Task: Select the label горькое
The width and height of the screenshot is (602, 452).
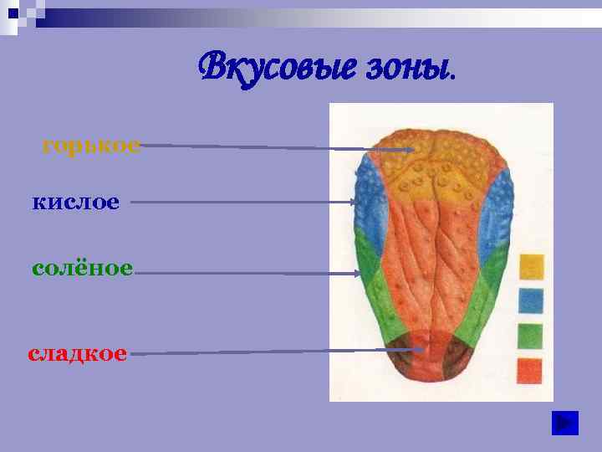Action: click(91, 146)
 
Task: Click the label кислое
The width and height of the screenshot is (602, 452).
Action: click(76, 202)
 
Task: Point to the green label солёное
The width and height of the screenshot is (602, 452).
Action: click(82, 269)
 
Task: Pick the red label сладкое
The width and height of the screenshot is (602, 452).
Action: click(78, 353)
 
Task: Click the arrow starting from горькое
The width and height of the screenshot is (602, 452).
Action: click(276, 147)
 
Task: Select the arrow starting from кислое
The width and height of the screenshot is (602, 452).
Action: click(242, 202)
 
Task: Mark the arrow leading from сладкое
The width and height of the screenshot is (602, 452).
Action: click(276, 352)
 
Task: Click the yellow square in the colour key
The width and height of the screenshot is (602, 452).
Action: click(532, 267)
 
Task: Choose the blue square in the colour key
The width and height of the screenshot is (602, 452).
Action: click(532, 300)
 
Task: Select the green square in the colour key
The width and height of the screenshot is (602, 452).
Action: click(531, 336)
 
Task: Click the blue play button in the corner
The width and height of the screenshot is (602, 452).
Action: click(565, 424)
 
